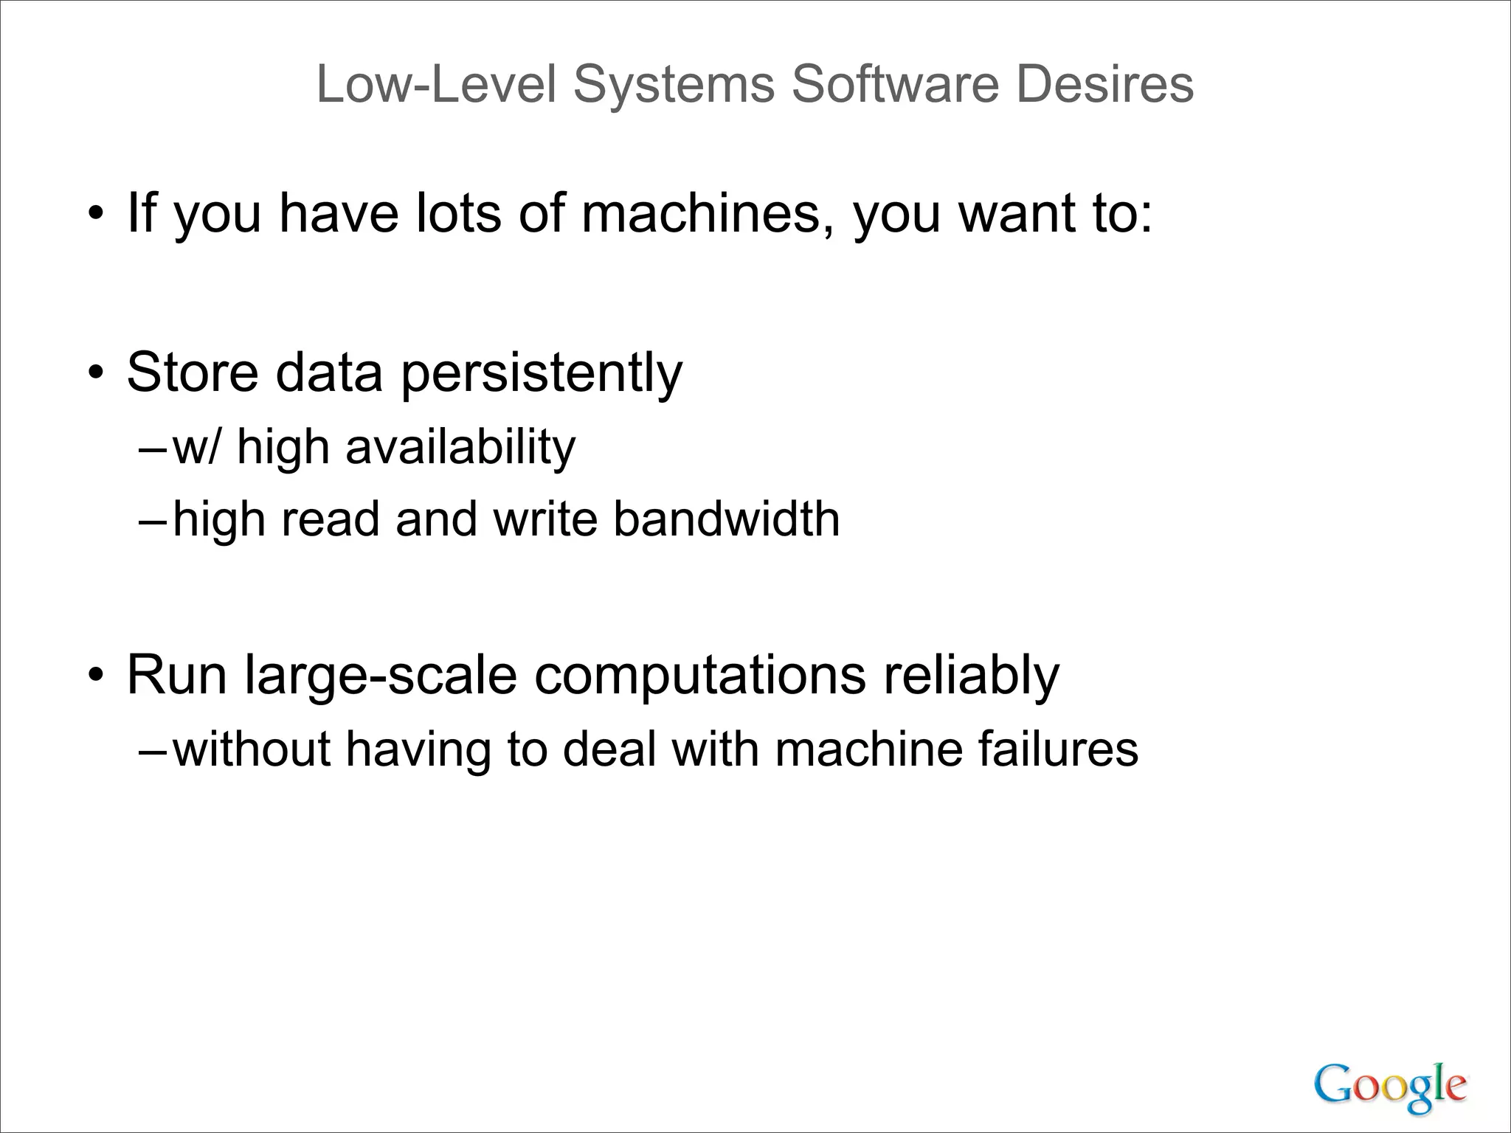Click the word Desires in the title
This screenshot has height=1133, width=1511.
[x=1104, y=85]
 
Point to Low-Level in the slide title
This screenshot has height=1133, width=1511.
[x=436, y=85]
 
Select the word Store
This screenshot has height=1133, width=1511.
[x=193, y=372]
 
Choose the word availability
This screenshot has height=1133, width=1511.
[x=460, y=448]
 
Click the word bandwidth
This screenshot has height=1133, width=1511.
[x=726, y=519]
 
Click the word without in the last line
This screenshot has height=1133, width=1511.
[x=252, y=749]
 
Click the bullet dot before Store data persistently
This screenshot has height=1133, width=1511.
[x=94, y=375]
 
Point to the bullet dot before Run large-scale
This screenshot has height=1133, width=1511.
[x=94, y=676]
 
